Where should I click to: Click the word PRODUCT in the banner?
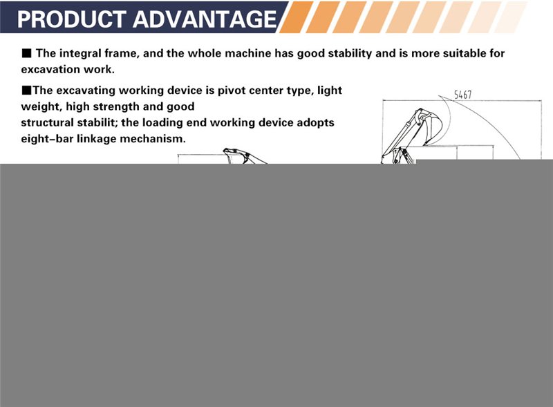tap(72, 19)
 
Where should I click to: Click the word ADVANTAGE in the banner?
tap(205, 19)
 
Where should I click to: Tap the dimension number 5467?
tap(462, 95)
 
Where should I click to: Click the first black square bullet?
tap(26, 53)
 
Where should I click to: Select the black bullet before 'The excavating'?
tap(26, 91)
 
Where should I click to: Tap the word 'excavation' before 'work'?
tap(50, 70)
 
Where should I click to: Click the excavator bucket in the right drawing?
tap(432, 128)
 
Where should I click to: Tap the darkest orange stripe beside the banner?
tap(296, 17)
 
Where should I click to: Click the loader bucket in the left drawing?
tap(234, 155)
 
